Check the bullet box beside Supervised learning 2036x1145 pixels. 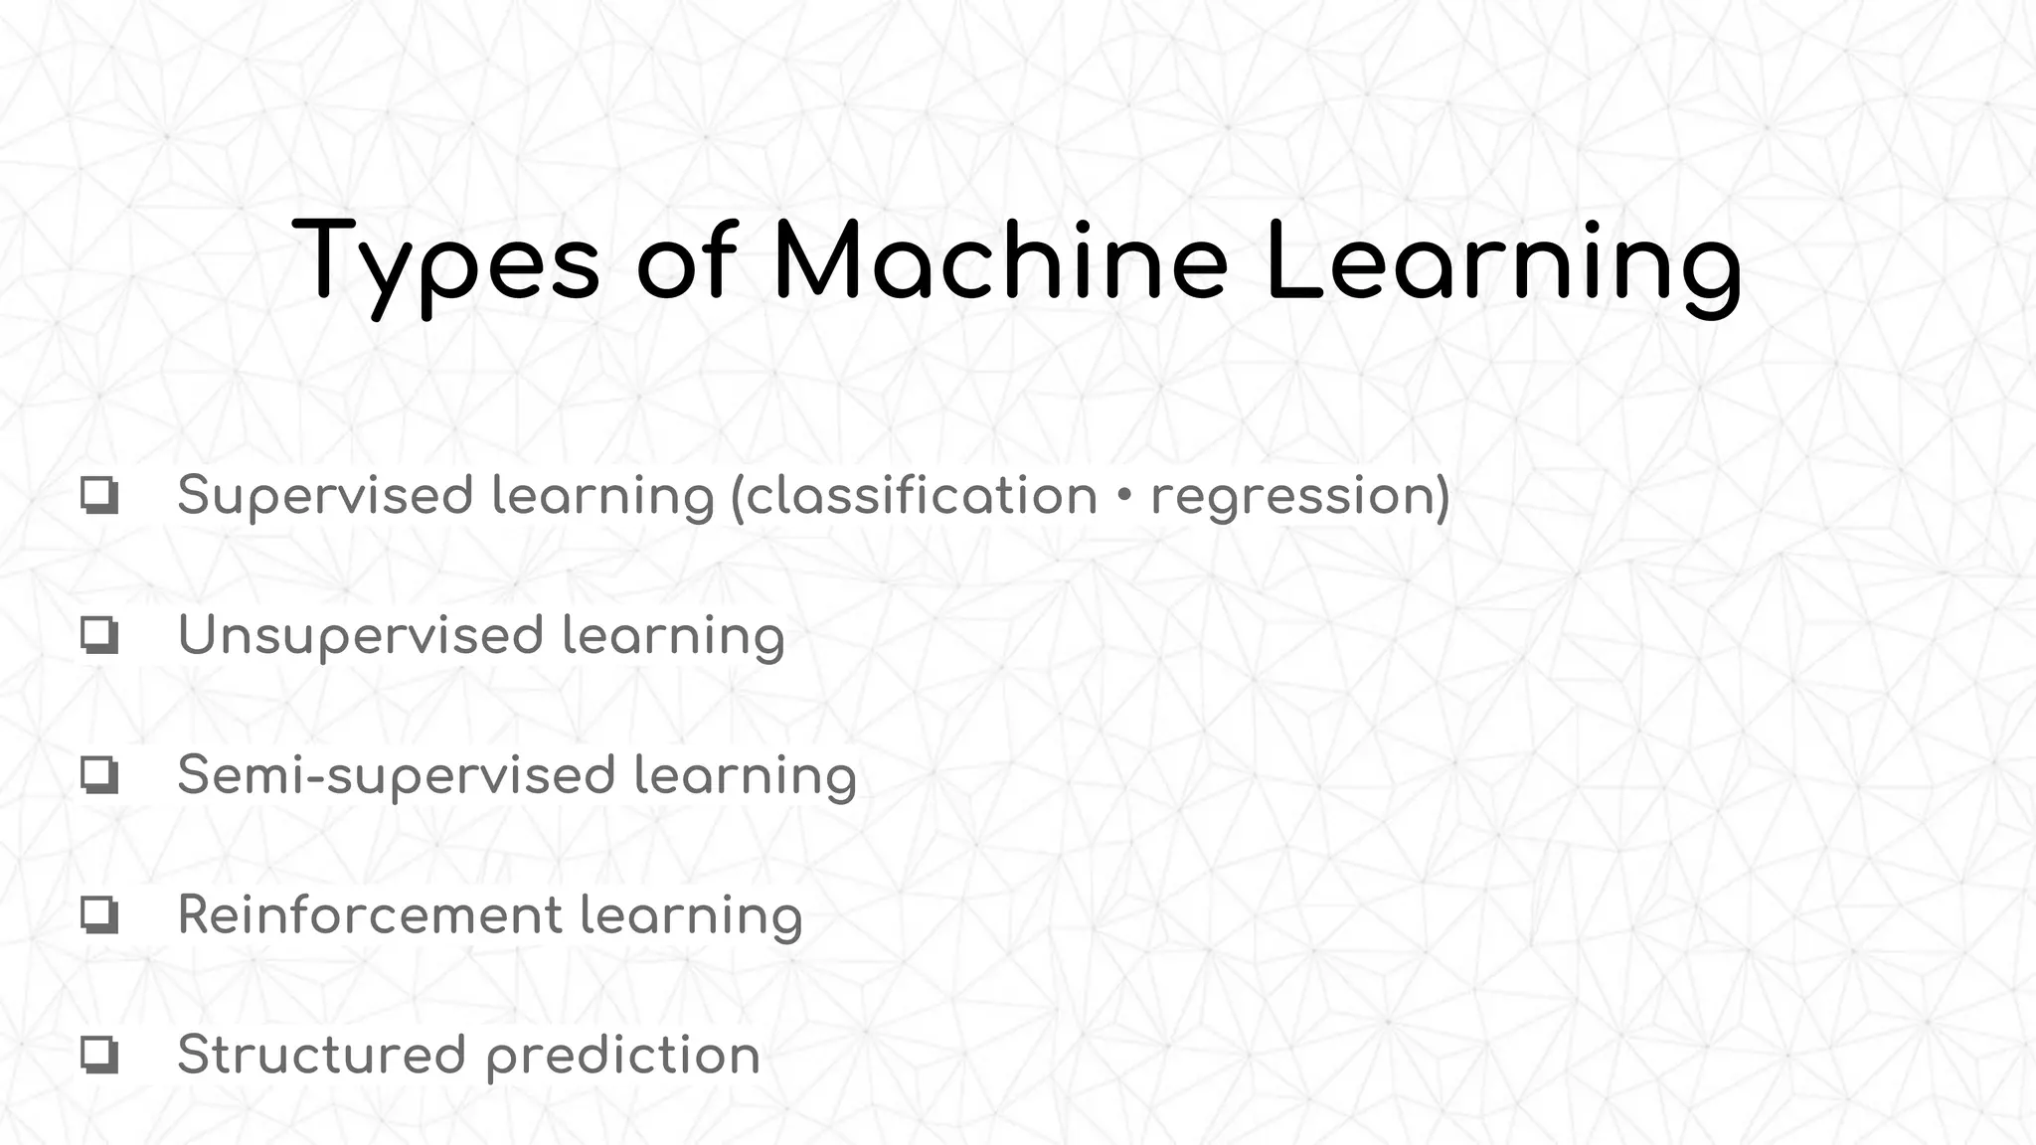pyautogui.click(x=99, y=495)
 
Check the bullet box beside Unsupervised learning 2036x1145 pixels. pyautogui.click(x=99, y=635)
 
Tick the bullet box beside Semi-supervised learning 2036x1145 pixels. pyautogui.click(x=99, y=775)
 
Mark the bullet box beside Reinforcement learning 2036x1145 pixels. pyautogui.click(x=99, y=915)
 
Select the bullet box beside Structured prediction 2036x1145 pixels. pyautogui.click(x=99, y=1056)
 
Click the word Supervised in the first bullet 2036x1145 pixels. pyautogui.click(x=324, y=495)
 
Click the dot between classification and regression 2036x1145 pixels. pyautogui.click(x=1124, y=495)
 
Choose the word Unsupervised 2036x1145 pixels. pyautogui.click(x=360, y=636)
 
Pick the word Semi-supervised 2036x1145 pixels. pyautogui.click(x=396, y=776)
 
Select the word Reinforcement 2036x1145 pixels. pyautogui.click(x=370, y=915)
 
